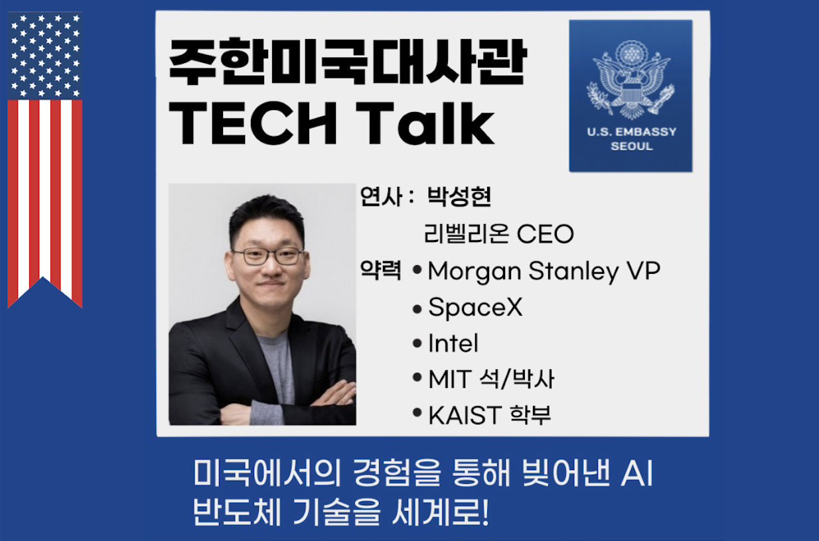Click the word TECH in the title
(253, 123)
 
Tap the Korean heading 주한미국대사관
(348, 62)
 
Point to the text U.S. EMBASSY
(631, 131)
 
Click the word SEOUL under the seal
(631, 146)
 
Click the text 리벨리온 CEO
(498, 233)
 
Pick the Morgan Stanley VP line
(544, 271)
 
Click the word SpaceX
(475, 307)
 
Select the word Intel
(453, 343)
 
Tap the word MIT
(450, 379)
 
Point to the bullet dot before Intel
(417, 343)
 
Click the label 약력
(380, 270)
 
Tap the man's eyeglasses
(269, 256)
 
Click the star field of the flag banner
(45, 56)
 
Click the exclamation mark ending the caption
(485, 512)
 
